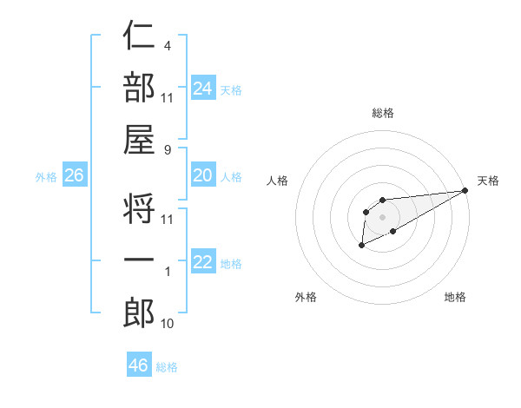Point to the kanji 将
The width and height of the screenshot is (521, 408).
pyautogui.click(x=139, y=208)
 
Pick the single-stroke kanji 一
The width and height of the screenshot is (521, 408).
pyautogui.click(x=139, y=260)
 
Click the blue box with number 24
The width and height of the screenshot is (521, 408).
pyautogui.click(x=203, y=88)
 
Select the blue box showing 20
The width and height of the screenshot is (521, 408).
pyautogui.click(x=203, y=175)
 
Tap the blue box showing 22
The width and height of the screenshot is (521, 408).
pyautogui.click(x=203, y=262)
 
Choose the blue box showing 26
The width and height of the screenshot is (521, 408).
pyautogui.click(x=74, y=175)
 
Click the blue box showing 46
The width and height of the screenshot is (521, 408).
pyautogui.click(x=139, y=365)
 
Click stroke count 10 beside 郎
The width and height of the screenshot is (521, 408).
pyautogui.click(x=168, y=324)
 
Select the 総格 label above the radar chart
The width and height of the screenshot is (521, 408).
pyautogui.click(x=382, y=113)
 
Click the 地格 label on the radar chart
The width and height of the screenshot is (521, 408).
pyautogui.click(x=455, y=297)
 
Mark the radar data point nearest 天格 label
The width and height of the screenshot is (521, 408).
pyautogui.click(x=465, y=191)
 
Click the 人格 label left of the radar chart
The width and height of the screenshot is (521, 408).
pyautogui.click(x=278, y=181)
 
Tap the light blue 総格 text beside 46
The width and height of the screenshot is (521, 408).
pyautogui.click(x=168, y=366)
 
